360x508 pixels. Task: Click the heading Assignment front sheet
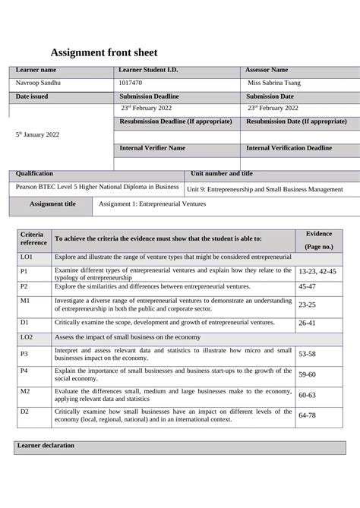[103, 52]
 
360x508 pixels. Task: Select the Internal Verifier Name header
[152, 148]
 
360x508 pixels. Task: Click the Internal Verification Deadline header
[293, 148]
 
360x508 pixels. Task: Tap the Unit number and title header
[222, 174]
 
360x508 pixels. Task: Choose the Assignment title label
[52, 204]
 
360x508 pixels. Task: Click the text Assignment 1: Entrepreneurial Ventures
[152, 204]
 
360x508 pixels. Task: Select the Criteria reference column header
[33, 238]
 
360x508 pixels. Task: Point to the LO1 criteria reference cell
[26, 257]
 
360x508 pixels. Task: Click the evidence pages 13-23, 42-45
[317, 271]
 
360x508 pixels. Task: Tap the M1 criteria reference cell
[24, 301]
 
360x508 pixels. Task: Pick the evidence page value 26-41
[308, 323]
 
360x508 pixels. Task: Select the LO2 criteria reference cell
[26, 336]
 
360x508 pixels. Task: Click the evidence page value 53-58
[308, 354]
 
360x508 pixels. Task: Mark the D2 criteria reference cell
[24, 411]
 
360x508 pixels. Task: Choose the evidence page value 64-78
[308, 416]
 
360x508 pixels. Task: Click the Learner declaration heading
[46, 446]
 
